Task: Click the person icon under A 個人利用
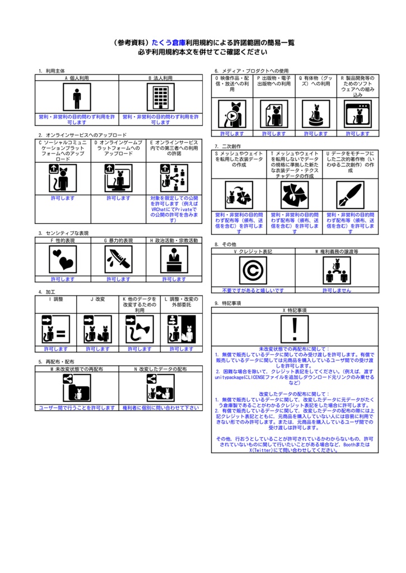click(x=77, y=98)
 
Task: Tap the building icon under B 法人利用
click(x=160, y=98)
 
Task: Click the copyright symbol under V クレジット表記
click(x=253, y=270)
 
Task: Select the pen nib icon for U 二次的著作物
click(x=350, y=195)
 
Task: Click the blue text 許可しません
click(x=337, y=290)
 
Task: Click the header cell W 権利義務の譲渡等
click(x=337, y=252)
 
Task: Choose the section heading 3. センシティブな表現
click(x=63, y=233)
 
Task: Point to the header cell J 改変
click(x=98, y=299)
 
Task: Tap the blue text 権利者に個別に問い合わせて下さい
click(x=160, y=408)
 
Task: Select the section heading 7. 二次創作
click(x=228, y=146)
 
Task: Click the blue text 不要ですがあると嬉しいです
click(x=253, y=290)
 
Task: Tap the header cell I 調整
click(x=56, y=299)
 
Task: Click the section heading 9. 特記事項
click(x=228, y=303)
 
